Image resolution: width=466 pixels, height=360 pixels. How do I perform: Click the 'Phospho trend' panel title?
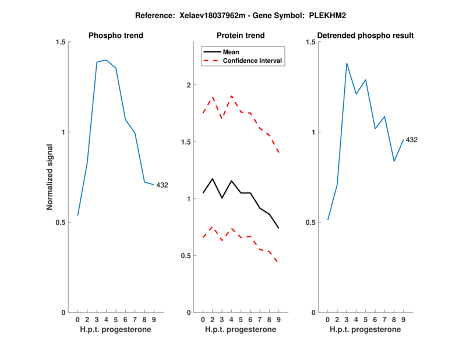click(115, 36)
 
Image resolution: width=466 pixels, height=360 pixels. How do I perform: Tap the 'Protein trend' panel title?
click(241, 36)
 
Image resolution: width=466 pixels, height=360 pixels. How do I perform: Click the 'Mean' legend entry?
click(231, 51)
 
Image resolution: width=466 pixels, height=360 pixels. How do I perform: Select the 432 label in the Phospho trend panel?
click(161, 185)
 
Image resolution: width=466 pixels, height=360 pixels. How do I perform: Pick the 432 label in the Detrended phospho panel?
click(412, 140)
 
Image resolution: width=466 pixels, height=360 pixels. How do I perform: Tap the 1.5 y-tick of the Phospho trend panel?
click(60, 42)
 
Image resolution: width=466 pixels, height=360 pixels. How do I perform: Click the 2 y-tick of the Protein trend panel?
click(189, 85)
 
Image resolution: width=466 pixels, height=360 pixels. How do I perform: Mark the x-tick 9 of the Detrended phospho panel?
click(403, 319)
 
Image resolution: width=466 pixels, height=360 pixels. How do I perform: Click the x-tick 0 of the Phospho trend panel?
click(77, 319)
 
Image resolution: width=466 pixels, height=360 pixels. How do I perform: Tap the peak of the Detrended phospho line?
click(347, 63)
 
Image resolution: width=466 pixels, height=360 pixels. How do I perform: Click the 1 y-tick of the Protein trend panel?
click(189, 199)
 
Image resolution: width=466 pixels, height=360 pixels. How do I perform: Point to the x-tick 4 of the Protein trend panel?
click(231, 319)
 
